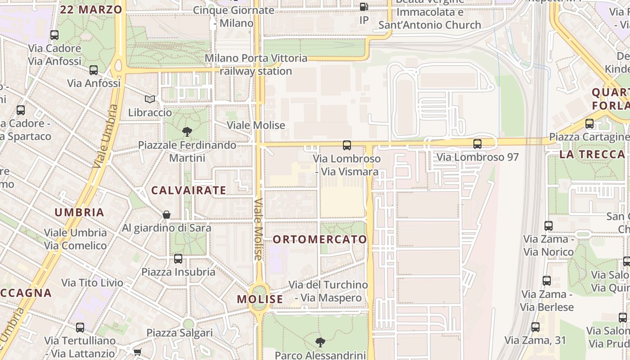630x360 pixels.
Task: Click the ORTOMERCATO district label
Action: click(x=320, y=239)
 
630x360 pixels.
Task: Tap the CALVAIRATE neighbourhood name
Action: click(x=189, y=190)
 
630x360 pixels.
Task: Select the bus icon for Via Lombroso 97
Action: click(x=477, y=144)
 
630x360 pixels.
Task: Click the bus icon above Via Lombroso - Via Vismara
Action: click(x=346, y=145)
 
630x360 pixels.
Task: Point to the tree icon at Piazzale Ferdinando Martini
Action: click(x=187, y=132)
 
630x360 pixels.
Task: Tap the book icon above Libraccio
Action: click(x=150, y=99)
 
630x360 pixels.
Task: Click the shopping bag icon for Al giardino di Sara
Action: click(x=166, y=215)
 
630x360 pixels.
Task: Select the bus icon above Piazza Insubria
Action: click(x=178, y=259)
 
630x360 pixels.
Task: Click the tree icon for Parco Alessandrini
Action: click(x=320, y=342)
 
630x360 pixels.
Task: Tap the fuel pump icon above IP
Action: click(x=364, y=7)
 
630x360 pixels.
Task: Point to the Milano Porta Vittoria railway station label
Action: click(x=256, y=65)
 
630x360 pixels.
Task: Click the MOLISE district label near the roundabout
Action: click(x=260, y=299)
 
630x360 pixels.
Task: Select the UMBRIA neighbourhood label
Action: click(x=79, y=212)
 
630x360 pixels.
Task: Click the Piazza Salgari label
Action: click(x=180, y=333)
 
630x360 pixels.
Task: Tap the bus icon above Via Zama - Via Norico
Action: click(x=548, y=226)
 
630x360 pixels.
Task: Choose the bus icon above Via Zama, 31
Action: click(x=535, y=327)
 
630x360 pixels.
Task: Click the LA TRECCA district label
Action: click(x=592, y=154)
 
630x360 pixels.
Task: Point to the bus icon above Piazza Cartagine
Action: click(x=589, y=124)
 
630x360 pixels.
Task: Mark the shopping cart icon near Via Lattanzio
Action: click(x=137, y=352)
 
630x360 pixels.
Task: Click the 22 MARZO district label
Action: click(x=91, y=9)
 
